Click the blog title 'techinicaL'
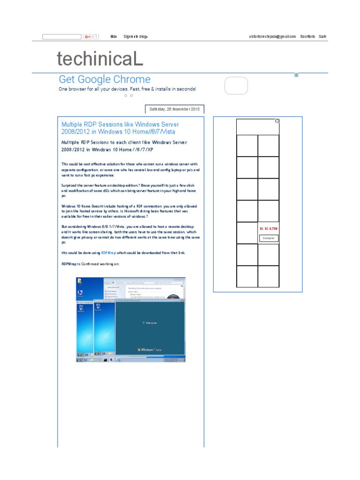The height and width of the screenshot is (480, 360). pos(99,60)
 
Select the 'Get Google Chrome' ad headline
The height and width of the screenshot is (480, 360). pos(105,80)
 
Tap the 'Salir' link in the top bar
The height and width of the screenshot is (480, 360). pos(322,37)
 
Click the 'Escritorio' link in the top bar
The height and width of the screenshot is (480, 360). pos(307,37)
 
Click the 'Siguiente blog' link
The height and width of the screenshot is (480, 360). pos(135,37)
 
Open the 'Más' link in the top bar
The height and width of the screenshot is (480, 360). pos(113,37)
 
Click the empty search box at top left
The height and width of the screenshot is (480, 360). pos(61,37)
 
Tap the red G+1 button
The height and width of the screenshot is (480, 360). pos(88,37)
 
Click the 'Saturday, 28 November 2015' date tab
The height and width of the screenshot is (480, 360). pos(174,109)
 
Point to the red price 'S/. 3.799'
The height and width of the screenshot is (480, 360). pos(268,229)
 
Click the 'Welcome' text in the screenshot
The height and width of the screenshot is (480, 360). pos(150,323)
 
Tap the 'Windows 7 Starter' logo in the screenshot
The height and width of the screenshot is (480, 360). pos(150,350)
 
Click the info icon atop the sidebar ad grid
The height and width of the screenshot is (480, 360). pos(277,121)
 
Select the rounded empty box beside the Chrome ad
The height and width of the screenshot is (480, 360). pos(236,86)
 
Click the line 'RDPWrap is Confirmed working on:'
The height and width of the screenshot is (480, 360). pos(90,264)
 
